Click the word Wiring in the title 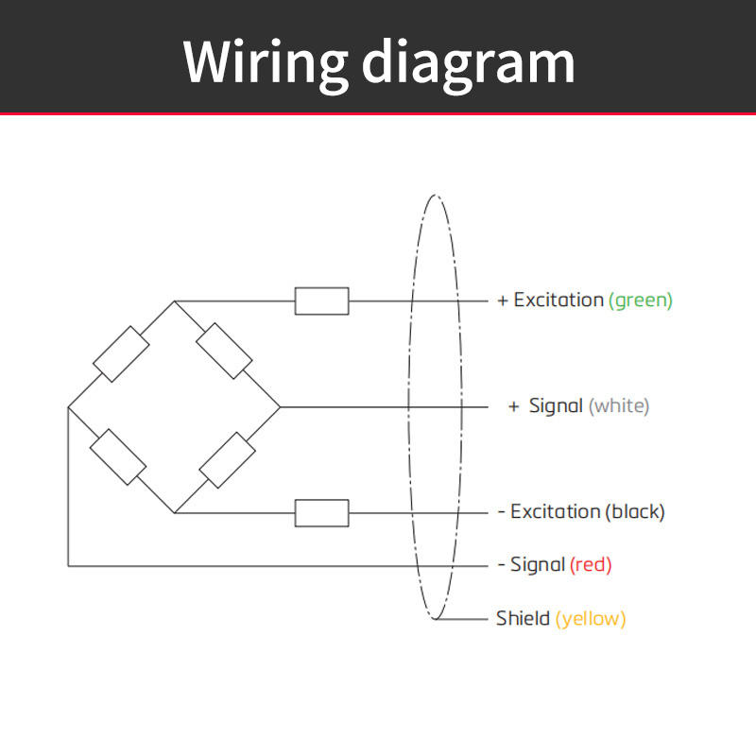tap(266, 63)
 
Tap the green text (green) tap(641, 301)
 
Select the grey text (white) tap(619, 406)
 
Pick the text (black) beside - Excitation tap(635, 512)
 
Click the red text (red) tap(591, 565)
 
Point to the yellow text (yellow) tap(591, 619)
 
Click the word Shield tap(523, 618)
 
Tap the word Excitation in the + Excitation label tap(558, 301)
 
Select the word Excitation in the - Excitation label tap(556, 512)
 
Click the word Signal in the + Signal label tap(556, 407)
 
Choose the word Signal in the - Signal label tap(538, 565)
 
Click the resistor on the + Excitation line tap(321, 301)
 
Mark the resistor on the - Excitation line tap(321, 513)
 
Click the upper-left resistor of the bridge tap(121, 353)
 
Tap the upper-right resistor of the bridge tap(224, 351)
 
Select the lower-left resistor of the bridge tap(118, 457)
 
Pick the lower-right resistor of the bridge tap(227, 460)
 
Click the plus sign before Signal tap(513, 407)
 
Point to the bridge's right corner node tap(280, 407)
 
